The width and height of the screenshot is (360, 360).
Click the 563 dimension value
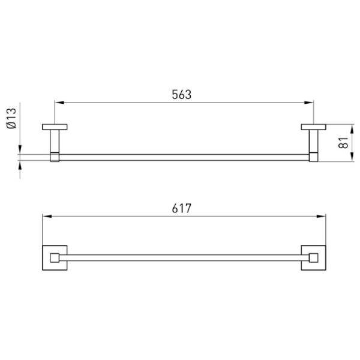[181, 94]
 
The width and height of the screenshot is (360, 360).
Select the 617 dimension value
[181, 208]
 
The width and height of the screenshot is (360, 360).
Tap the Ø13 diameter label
[11, 118]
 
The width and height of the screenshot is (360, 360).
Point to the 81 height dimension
[343, 143]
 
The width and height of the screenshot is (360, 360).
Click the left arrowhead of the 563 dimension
[59, 103]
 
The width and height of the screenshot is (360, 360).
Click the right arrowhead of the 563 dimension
[309, 103]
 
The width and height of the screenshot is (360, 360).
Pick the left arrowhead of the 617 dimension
[47, 216]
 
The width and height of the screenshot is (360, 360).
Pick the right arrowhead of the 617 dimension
[321, 216]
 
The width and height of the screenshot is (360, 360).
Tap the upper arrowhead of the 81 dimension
[352, 129]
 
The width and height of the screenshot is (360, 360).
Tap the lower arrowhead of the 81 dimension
[352, 157]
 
